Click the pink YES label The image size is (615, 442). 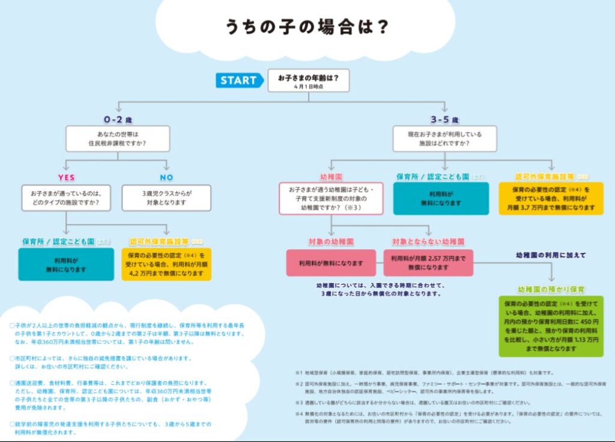pos(66,178)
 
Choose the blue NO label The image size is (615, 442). pos(166,178)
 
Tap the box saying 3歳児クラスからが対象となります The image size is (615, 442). pos(166,198)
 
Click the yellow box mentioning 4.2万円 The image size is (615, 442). pos(170,264)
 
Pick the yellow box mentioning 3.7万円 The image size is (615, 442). pos(551,198)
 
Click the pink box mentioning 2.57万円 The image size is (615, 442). pos(428,262)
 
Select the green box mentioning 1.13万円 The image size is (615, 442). pos(551,326)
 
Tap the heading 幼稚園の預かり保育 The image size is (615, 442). pos(551,289)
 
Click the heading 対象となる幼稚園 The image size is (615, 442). pos(330,241)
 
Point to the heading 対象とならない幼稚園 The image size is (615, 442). pos(428,241)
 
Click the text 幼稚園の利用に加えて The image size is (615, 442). pos(551,255)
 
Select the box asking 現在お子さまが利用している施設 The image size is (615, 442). pos(445,139)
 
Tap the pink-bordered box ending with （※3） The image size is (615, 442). pos(331,199)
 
